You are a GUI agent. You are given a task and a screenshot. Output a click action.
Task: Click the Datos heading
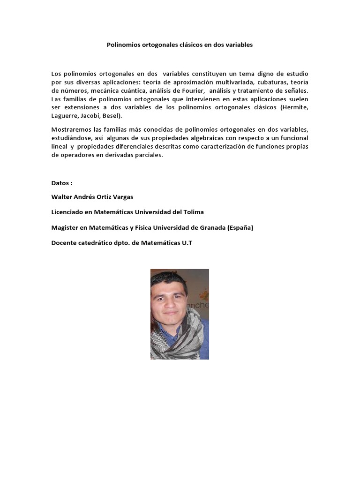61,182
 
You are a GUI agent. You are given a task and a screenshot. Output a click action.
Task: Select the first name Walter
62,197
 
